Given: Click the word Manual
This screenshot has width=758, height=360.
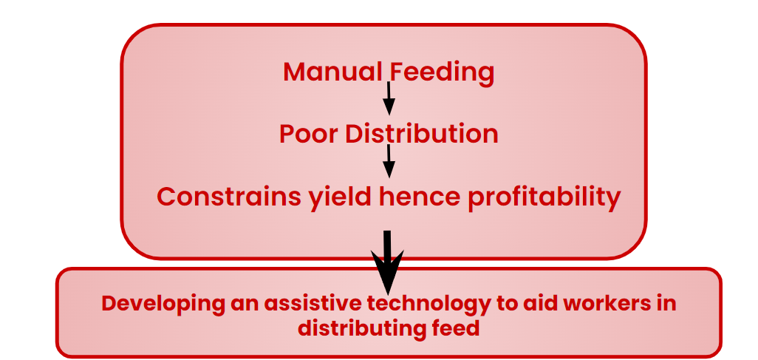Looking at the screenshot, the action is (x=333, y=72).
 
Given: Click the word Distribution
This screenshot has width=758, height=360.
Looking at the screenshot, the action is (x=420, y=134).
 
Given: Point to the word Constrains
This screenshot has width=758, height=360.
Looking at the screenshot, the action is (x=228, y=197).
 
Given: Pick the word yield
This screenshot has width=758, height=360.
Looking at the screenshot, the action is (x=339, y=198).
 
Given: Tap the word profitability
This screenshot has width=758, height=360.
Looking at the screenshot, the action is (x=544, y=198).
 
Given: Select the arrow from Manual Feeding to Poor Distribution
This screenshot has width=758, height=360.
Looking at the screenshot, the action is (x=389, y=99).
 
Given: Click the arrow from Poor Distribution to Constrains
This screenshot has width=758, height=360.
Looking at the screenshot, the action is (x=389, y=161).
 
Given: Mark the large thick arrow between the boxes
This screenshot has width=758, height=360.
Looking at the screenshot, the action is (x=387, y=262).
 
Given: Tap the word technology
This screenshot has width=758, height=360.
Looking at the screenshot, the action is (x=426, y=305).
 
